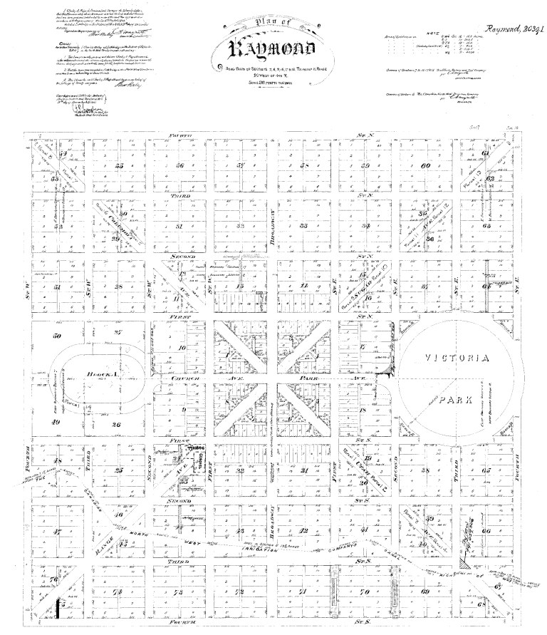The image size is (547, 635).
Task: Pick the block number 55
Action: tap(118, 166)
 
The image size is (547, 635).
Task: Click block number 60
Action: tap(426, 166)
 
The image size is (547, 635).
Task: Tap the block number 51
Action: tap(57, 287)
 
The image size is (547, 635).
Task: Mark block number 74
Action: tap(118, 593)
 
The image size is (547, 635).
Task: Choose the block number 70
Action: tap(364, 593)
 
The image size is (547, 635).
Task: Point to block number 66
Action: tap(486, 531)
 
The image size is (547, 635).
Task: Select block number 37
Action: tap(426, 287)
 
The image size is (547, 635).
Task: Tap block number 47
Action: tap(57, 531)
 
